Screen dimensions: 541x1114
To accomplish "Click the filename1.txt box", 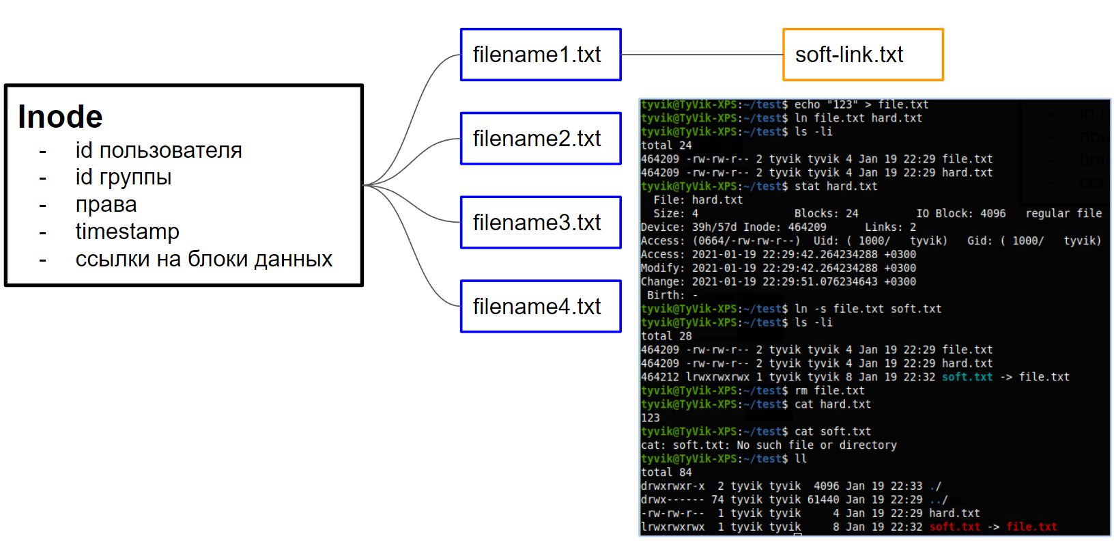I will pyautogui.click(x=541, y=55).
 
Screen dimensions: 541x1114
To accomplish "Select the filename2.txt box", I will pyautogui.click(x=541, y=139).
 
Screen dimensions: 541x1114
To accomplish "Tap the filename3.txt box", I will pyautogui.click(x=541, y=223).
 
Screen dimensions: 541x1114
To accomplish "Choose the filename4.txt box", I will pyautogui.click(x=541, y=307).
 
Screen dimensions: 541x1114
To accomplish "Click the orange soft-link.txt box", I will pyautogui.click(x=863, y=55).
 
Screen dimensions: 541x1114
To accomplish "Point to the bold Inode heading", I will pyautogui.click(x=60, y=117).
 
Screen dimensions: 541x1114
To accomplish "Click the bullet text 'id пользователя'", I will pyautogui.click(x=158, y=150).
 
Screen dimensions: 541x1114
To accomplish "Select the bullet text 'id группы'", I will pyautogui.click(x=124, y=177).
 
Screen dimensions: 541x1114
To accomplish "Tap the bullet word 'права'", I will pyautogui.click(x=106, y=204).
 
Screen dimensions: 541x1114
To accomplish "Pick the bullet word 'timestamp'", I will pyautogui.click(x=127, y=232).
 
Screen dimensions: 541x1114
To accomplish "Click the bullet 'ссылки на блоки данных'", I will pyautogui.click(x=203, y=259).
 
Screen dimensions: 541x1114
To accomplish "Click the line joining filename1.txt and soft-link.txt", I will pyautogui.click(x=702, y=55).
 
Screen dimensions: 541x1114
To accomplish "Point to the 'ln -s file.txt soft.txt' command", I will pyautogui.click(x=868, y=309).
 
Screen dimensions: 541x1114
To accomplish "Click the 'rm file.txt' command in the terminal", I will pyautogui.click(x=829, y=391).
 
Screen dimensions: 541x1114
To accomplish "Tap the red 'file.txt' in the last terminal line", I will pyautogui.click(x=1031, y=527).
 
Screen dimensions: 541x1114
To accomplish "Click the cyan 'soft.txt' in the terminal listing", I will pyautogui.click(x=967, y=377).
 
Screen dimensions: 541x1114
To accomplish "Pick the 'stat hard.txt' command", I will pyautogui.click(x=835, y=186).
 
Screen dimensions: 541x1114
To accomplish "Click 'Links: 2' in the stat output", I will pyautogui.click(x=890, y=227).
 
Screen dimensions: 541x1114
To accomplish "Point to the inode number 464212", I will pyautogui.click(x=660, y=377).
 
